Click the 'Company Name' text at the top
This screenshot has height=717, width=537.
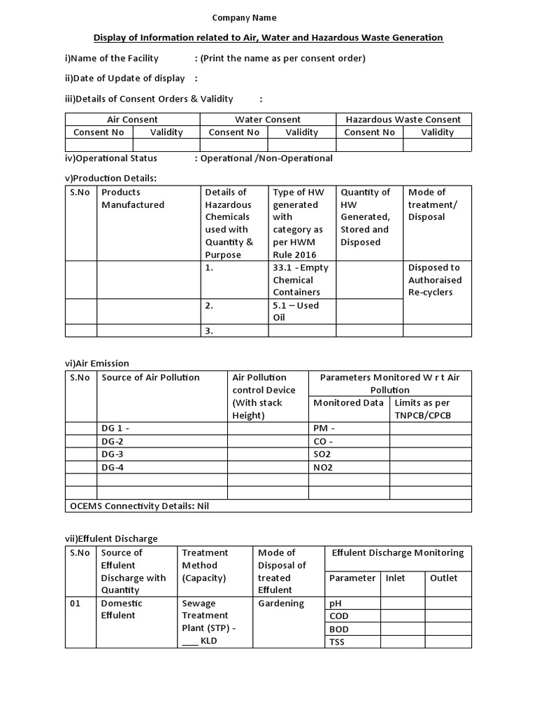pos(244,18)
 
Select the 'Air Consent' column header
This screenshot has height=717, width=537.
pos(132,120)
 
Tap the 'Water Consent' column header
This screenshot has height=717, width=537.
pos(268,120)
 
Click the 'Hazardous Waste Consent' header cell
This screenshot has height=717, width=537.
pos(403,120)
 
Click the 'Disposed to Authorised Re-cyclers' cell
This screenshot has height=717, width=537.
pos(434,280)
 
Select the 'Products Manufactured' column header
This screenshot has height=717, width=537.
pos(133,199)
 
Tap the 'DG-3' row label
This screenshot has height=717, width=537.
pos(113,454)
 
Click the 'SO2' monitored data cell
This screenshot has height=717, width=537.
pos(323,454)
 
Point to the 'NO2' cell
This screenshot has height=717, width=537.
pos(323,467)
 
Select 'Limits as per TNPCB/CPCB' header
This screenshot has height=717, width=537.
pos(422,409)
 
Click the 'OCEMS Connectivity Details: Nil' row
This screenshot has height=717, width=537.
pos(139,506)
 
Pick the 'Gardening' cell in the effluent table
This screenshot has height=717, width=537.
pos(281,603)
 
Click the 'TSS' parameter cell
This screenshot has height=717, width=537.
pos(338,642)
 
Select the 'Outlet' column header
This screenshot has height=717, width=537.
pos(443,578)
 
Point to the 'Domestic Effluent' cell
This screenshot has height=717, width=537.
pos(122,609)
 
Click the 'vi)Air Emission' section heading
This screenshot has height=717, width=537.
pos(96,363)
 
